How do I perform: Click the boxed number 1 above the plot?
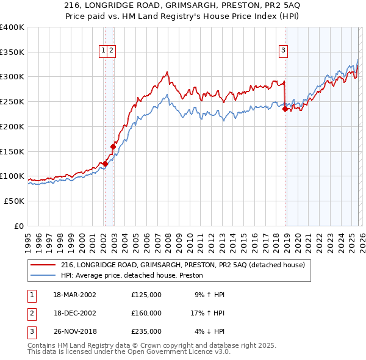pos(104,51)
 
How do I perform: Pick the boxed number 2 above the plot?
pos(112,51)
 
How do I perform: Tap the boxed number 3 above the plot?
pos(284,51)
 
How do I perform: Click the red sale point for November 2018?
pos(285,109)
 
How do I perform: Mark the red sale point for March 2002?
pos(105,164)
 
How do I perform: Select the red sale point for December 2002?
pos(113,146)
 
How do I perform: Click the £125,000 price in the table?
pos(146,294)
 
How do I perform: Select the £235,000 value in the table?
pos(146,331)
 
